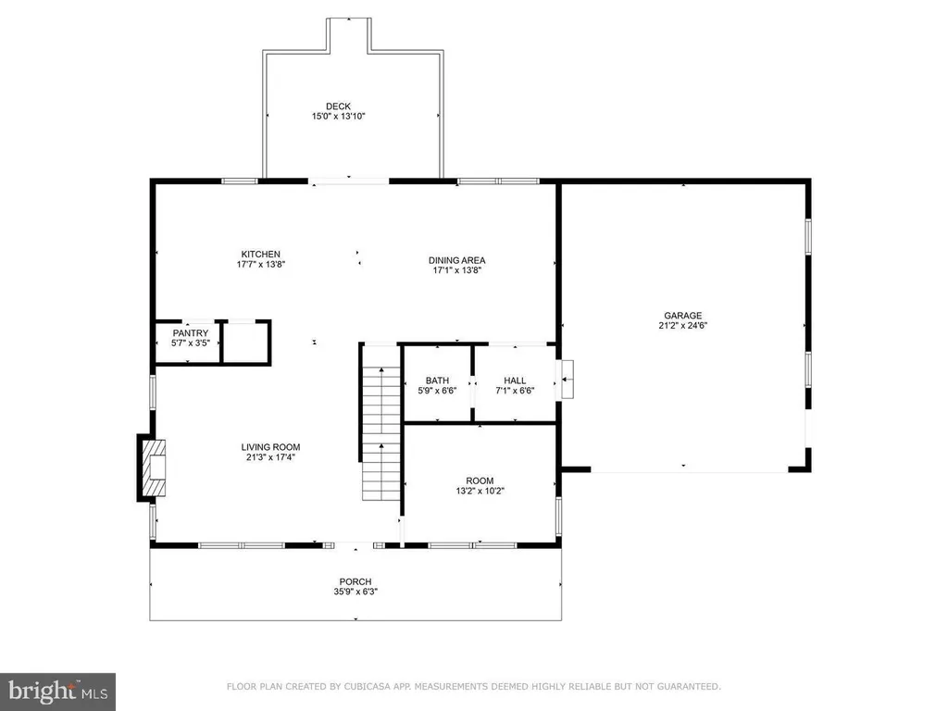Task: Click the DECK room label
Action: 338,106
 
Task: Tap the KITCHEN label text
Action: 260,255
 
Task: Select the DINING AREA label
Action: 457,260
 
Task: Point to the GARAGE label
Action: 683,316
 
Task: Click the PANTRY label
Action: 191,333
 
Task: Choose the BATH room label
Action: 437,380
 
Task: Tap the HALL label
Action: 515,380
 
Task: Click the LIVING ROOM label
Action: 271,447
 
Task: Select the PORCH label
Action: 355,581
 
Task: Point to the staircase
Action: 380,433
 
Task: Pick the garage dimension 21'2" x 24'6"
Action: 683,325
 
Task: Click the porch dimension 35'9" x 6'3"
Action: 355,592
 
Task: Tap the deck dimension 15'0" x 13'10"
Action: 339,116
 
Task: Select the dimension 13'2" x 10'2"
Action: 480,491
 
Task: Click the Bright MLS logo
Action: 57,692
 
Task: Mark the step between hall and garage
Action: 568,379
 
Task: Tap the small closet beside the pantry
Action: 245,343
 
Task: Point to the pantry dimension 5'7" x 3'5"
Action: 191,343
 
